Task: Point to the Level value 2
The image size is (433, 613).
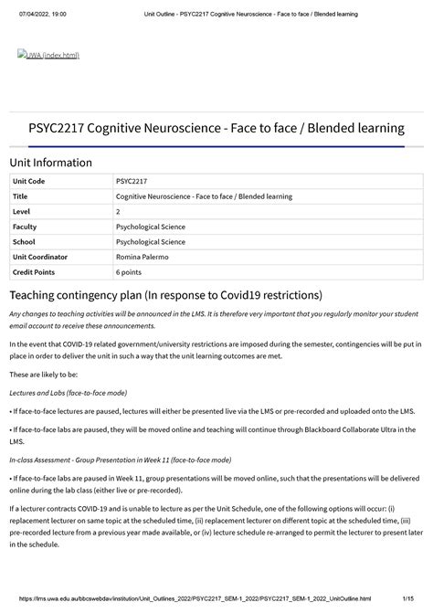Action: [x=118, y=211]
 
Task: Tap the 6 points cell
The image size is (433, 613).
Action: [x=133, y=272]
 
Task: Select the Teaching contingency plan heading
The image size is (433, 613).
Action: [x=165, y=296]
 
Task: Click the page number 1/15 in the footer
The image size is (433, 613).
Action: [x=415, y=598]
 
